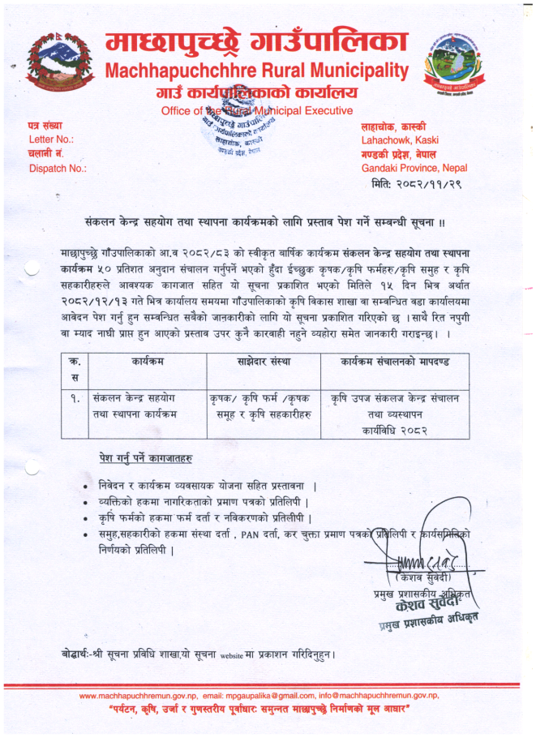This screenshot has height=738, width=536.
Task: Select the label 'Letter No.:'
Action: (51, 139)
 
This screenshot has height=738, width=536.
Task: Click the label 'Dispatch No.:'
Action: (58, 169)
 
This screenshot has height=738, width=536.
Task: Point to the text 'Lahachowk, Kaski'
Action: (401, 140)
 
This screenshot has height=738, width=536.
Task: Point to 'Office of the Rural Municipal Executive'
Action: (257, 110)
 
